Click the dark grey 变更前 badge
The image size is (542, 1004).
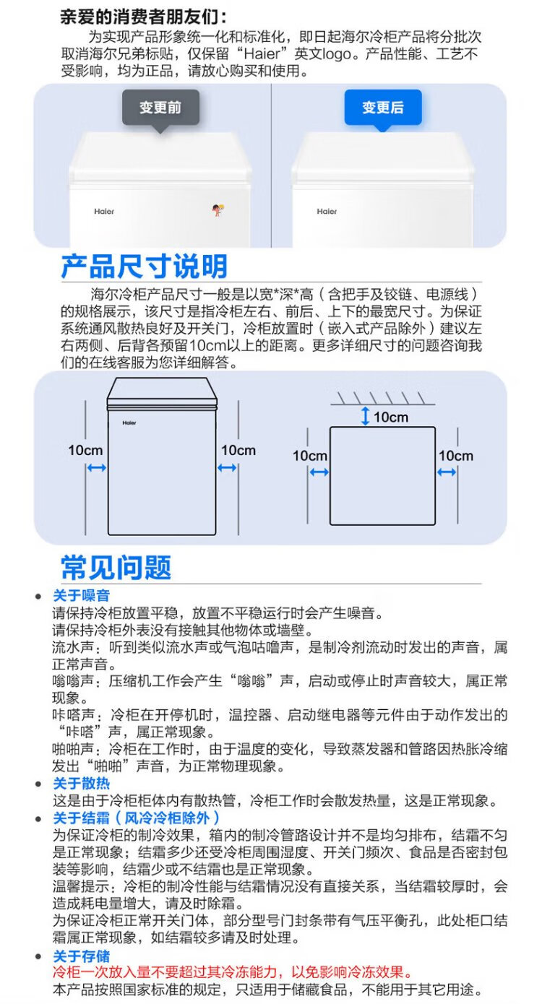pos(160,108)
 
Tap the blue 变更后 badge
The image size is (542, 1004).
pos(382,108)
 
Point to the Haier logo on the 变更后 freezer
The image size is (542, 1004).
pos(327,212)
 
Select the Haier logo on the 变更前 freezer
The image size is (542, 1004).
pos(104,212)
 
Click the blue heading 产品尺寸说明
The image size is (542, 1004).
pos(144,267)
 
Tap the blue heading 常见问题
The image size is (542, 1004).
pos(116,567)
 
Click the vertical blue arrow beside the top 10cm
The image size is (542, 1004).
pos(366,416)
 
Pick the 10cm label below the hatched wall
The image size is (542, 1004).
pos(391,417)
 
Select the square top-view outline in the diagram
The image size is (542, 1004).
pos(382,475)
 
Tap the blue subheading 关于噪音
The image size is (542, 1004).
pos(81,596)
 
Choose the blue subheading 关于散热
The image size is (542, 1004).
pos(81,784)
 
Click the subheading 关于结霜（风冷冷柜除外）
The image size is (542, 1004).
pos(137,818)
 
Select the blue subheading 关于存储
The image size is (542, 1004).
pos(81,956)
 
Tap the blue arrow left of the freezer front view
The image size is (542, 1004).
pos(96,468)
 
